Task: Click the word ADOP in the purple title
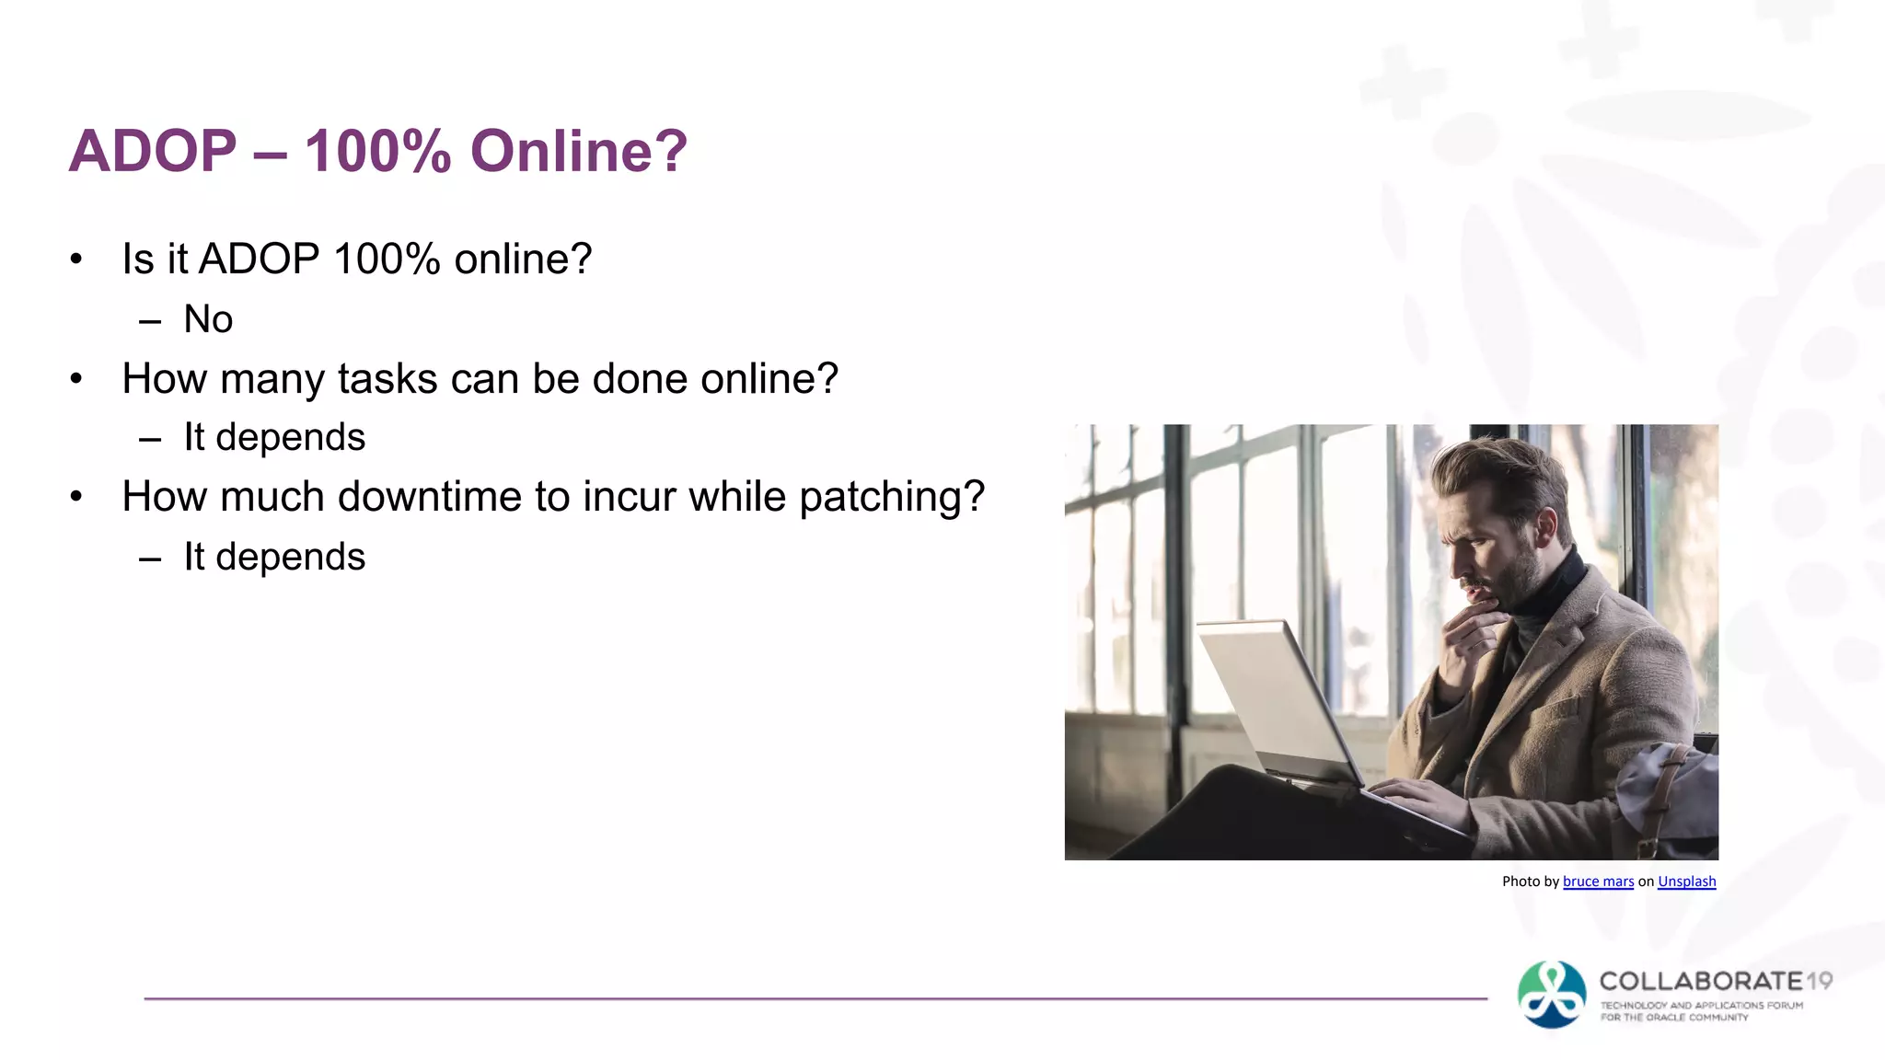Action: [153, 151]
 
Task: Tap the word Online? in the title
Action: [579, 151]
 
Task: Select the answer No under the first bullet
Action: [208, 319]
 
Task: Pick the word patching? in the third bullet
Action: [891, 497]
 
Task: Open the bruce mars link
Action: [1598, 881]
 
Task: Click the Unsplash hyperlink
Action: [1686, 881]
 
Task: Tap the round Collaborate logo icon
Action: [1552, 995]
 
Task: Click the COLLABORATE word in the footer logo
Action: [1701, 981]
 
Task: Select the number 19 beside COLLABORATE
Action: [1819, 981]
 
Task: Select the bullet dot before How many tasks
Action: [76, 378]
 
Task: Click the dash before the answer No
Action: [150, 321]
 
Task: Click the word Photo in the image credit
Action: [1521, 881]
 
